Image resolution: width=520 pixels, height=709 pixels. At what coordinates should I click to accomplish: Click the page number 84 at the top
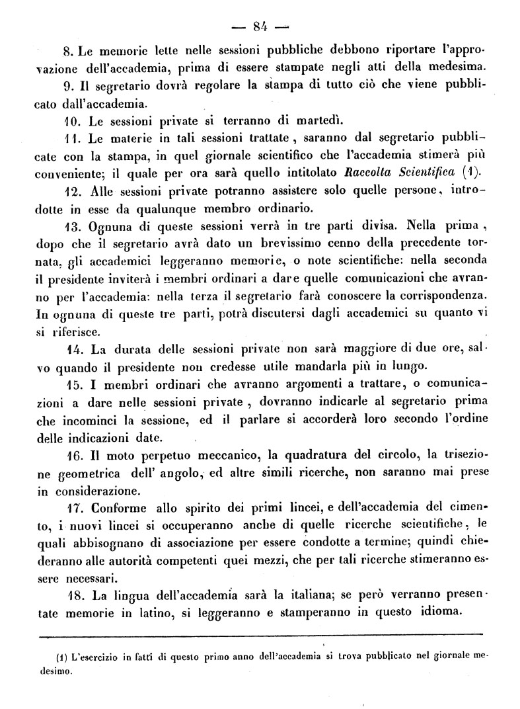tap(259, 27)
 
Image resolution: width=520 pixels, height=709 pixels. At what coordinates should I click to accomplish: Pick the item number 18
tap(73, 592)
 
